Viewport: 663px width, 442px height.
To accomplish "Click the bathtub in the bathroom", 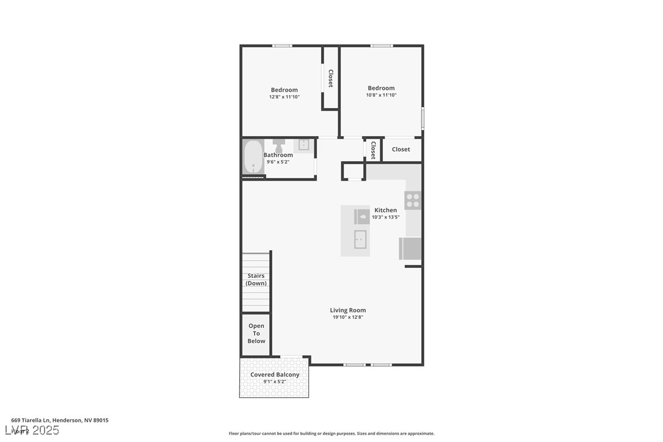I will click(253, 158).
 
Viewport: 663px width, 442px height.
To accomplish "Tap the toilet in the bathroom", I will click(278, 145).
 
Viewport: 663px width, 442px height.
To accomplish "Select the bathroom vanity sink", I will click(303, 145).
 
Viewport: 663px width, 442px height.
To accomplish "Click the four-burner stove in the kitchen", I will click(413, 200).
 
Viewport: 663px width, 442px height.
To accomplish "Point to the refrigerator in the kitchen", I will click(410, 249).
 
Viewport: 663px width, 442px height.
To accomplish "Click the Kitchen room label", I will click(385, 211).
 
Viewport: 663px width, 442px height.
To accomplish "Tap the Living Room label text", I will click(348, 310).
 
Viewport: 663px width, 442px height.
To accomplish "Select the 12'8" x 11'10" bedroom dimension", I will click(284, 97).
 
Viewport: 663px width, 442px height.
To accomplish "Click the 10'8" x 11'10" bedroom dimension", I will click(381, 95).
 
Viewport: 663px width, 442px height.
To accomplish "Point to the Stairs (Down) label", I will click(256, 280).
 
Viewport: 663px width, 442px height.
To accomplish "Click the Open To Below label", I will click(256, 333).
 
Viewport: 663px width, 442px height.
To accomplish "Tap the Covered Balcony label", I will click(275, 375).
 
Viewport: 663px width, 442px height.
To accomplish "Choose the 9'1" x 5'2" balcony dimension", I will click(275, 382).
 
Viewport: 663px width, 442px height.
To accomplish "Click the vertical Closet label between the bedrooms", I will click(331, 78).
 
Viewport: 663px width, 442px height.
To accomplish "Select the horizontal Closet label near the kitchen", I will click(401, 150).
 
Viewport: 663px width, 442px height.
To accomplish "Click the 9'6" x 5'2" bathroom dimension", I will click(278, 162).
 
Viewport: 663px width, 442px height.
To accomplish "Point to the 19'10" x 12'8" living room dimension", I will click(348, 317).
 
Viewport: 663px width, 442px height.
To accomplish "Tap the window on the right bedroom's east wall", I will click(422, 117).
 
